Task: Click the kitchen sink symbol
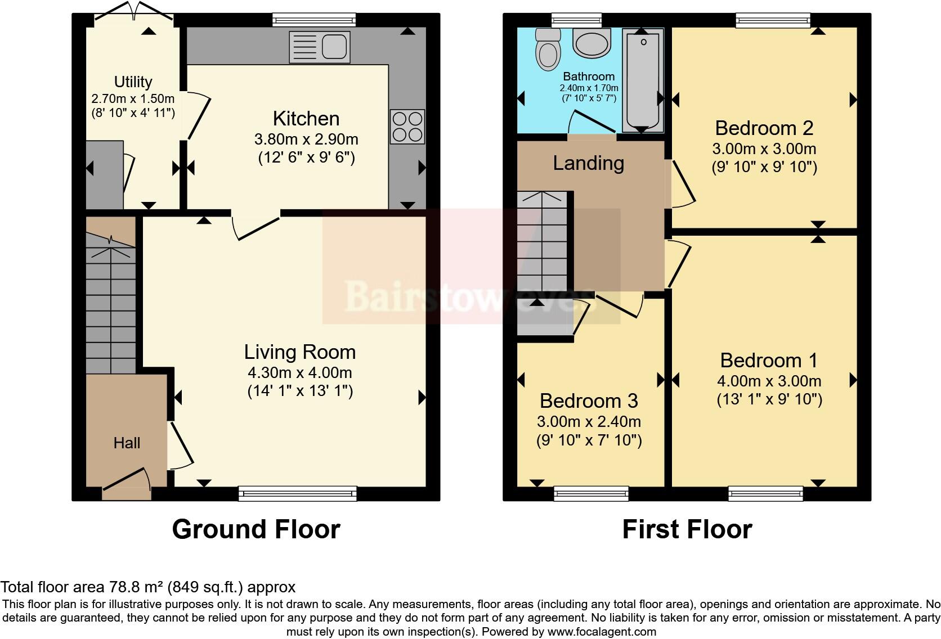(319, 46)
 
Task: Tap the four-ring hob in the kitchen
(407, 127)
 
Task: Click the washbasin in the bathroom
(592, 43)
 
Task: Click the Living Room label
(299, 352)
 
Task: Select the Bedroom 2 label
(764, 128)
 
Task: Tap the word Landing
(588, 163)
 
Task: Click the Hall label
(127, 443)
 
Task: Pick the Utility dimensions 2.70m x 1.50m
(133, 99)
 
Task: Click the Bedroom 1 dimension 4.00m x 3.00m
(769, 381)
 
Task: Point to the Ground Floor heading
(256, 529)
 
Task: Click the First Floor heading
(687, 529)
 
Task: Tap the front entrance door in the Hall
(127, 483)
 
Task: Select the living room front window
(298, 493)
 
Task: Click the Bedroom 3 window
(591, 493)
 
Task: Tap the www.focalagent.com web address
(601, 631)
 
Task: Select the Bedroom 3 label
(589, 401)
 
